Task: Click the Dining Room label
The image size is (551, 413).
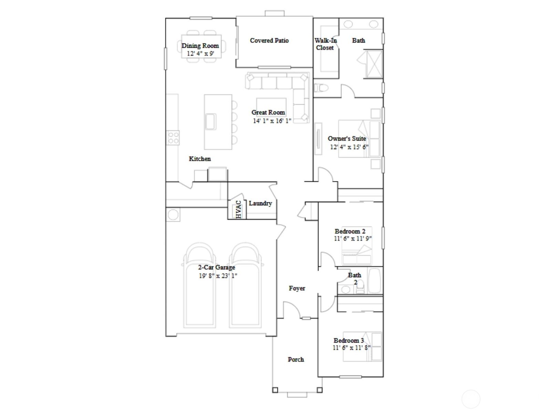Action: [x=200, y=45]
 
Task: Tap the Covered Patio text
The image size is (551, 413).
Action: [x=269, y=40]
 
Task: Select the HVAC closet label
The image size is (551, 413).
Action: [x=239, y=209]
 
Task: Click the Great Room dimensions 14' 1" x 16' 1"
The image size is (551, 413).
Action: [x=272, y=121]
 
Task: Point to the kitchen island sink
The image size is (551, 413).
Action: [x=210, y=121]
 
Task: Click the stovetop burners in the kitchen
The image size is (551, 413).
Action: [x=173, y=138]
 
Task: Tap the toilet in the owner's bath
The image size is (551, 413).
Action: [x=320, y=88]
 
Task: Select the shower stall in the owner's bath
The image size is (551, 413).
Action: [x=373, y=64]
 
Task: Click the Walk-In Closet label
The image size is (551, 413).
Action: [x=325, y=44]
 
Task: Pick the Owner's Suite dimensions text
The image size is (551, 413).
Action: [x=349, y=147]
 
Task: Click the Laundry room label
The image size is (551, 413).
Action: [x=260, y=203]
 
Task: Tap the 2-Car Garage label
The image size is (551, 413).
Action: [x=216, y=267]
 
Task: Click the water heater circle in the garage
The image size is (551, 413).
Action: [x=173, y=215]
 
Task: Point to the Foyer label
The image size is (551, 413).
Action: [x=297, y=288]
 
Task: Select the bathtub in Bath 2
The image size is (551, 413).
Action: [x=374, y=281]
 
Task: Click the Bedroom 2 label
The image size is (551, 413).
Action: [x=350, y=231]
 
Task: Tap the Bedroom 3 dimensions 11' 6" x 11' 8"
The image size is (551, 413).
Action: [x=352, y=348]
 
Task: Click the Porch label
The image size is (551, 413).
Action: [x=296, y=359]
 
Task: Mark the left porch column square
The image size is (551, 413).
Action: [x=275, y=390]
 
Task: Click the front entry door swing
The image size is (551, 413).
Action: [x=291, y=309]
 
